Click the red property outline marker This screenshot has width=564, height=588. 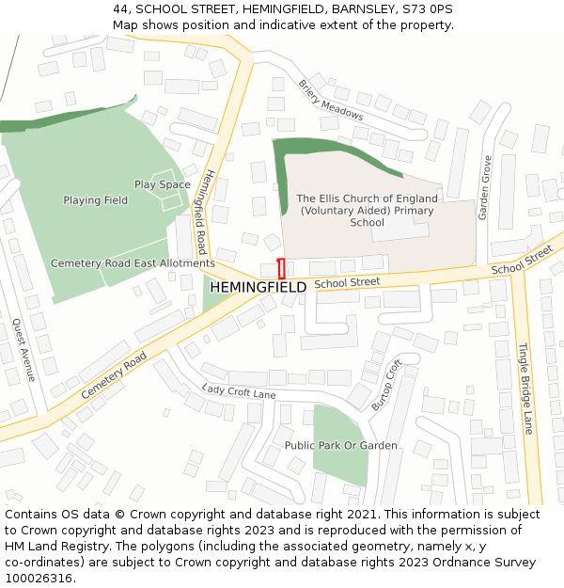pyautogui.click(x=281, y=268)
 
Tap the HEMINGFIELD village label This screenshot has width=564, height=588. pyautogui.click(x=258, y=287)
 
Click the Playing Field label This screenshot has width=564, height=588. pyautogui.click(x=95, y=200)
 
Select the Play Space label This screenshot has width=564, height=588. pyautogui.click(x=162, y=185)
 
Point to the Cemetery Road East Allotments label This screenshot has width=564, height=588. pyautogui.click(x=133, y=263)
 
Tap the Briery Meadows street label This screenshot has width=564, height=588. pyautogui.click(x=330, y=99)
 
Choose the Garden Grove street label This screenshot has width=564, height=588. pyautogui.click(x=485, y=187)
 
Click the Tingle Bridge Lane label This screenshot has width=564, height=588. pyautogui.click(x=525, y=388)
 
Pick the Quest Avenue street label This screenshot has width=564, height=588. pyautogui.click(x=23, y=350)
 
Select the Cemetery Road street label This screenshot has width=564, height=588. pyautogui.click(x=115, y=373)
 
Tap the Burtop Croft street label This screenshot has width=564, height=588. pyautogui.click(x=381, y=384)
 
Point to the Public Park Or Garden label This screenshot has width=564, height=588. pyautogui.click(x=340, y=445)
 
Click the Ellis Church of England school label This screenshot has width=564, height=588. pyautogui.click(x=367, y=211)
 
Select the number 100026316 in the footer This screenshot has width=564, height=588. pyautogui.click(x=38, y=578)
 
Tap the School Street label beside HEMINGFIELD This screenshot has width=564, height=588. pyautogui.click(x=347, y=281)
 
